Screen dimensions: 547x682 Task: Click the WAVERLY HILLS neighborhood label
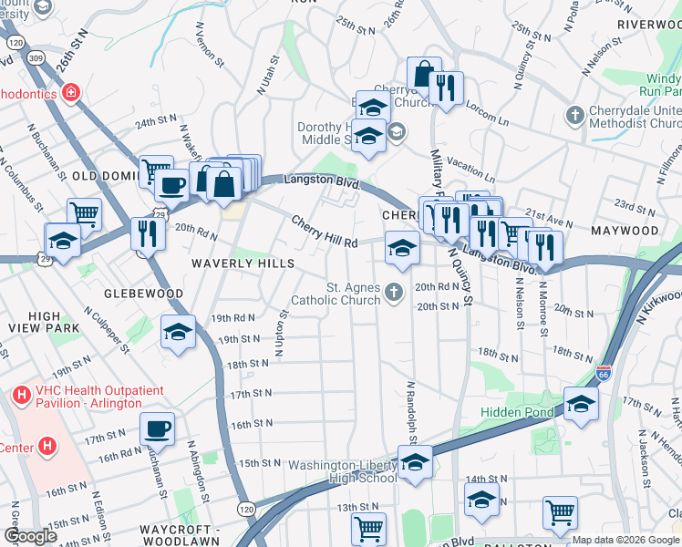(243, 263)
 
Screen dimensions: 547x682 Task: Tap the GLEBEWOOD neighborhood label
(143, 294)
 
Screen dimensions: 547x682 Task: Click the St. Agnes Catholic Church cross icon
(394, 292)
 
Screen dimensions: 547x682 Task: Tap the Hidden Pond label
(516, 413)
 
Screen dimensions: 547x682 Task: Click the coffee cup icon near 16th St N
(157, 428)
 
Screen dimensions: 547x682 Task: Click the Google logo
(30, 536)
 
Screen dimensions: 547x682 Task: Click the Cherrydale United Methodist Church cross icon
(574, 116)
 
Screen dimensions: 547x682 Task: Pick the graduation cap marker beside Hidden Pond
(580, 404)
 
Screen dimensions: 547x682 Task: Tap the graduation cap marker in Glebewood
(178, 333)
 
